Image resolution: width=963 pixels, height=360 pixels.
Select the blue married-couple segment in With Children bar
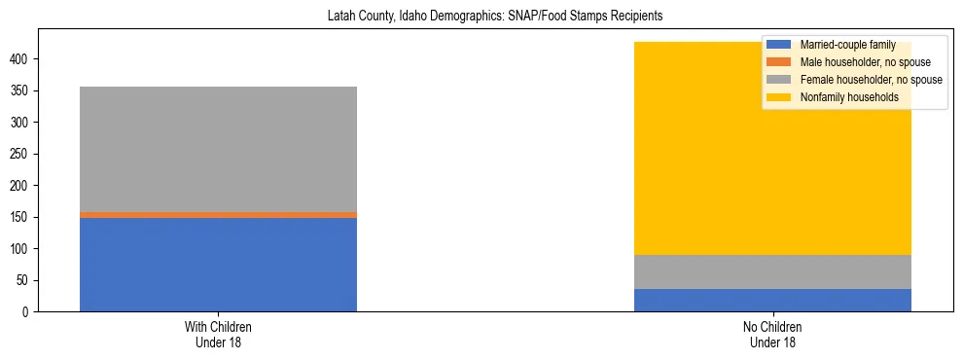[x=218, y=264]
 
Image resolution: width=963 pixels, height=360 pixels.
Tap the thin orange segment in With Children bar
[x=218, y=215]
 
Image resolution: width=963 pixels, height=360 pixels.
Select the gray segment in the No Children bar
[x=772, y=271]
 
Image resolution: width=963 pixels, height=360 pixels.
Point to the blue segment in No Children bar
[x=772, y=300]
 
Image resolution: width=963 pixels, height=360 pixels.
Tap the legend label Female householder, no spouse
[x=870, y=80]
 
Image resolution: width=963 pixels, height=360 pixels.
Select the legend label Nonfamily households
[x=848, y=97]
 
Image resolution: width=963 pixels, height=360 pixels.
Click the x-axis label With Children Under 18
[x=218, y=335]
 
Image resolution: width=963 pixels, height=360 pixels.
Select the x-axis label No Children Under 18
[x=772, y=335]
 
